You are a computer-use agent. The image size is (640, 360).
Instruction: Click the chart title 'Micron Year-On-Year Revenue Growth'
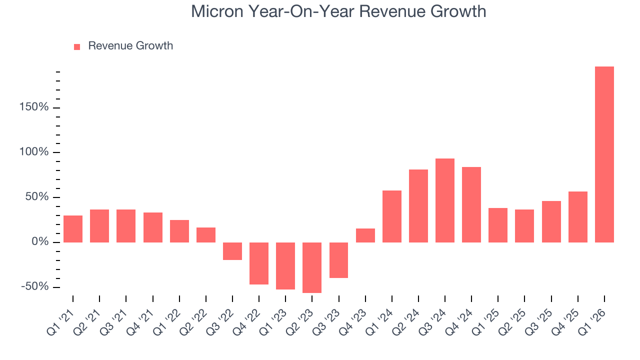coord(338,11)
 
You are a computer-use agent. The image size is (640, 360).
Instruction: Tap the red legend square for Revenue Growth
coord(77,46)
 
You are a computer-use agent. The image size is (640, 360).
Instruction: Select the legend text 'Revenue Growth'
coord(130,46)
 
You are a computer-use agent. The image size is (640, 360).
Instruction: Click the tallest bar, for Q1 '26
coord(604,154)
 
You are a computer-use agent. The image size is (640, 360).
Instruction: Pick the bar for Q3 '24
coord(444,200)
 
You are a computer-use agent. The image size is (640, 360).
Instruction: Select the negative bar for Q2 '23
coord(312,267)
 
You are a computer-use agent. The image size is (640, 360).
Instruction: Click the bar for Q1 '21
coord(73,229)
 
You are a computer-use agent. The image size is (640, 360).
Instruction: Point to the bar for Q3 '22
coord(232,251)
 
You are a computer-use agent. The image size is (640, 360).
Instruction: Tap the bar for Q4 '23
coord(365,235)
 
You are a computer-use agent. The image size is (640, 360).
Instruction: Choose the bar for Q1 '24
coord(391,216)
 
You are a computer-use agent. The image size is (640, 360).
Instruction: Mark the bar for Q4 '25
coord(577,217)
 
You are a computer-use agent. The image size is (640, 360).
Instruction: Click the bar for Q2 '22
coord(206,235)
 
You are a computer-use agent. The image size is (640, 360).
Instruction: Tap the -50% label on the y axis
coord(35,287)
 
